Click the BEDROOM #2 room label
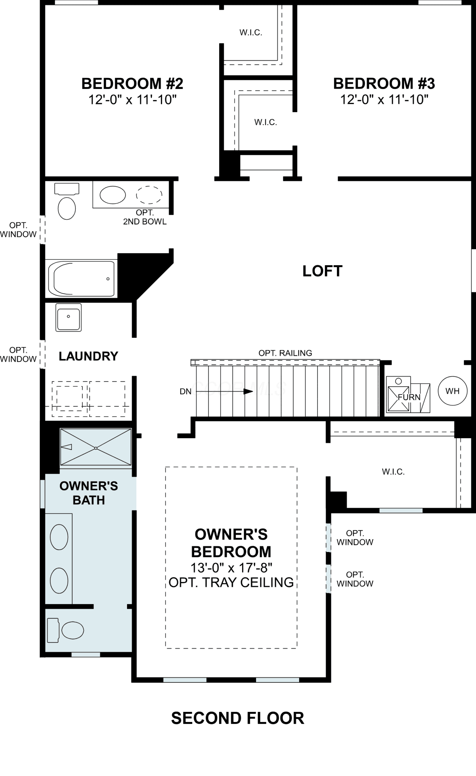click(x=132, y=83)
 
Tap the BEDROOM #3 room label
click(x=384, y=83)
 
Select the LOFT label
click(x=323, y=271)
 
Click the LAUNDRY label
click(x=88, y=356)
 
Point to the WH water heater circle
click(x=453, y=391)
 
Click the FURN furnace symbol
click(x=408, y=394)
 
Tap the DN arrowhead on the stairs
click(x=248, y=391)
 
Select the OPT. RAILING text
click(x=285, y=353)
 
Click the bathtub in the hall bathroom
click(x=82, y=278)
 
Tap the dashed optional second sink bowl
click(x=149, y=195)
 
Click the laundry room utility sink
click(x=68, y=317)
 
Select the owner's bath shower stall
click(x=96, y=447)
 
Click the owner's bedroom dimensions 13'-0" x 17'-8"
click(x=231, y=568)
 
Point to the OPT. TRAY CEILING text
click(x=231, y=582)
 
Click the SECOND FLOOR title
click(x=238, y=718)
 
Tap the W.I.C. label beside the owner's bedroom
click(x=393, y=472)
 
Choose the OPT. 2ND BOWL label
click(x=145, y=217)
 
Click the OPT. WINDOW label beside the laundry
click(x=18, y=355)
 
